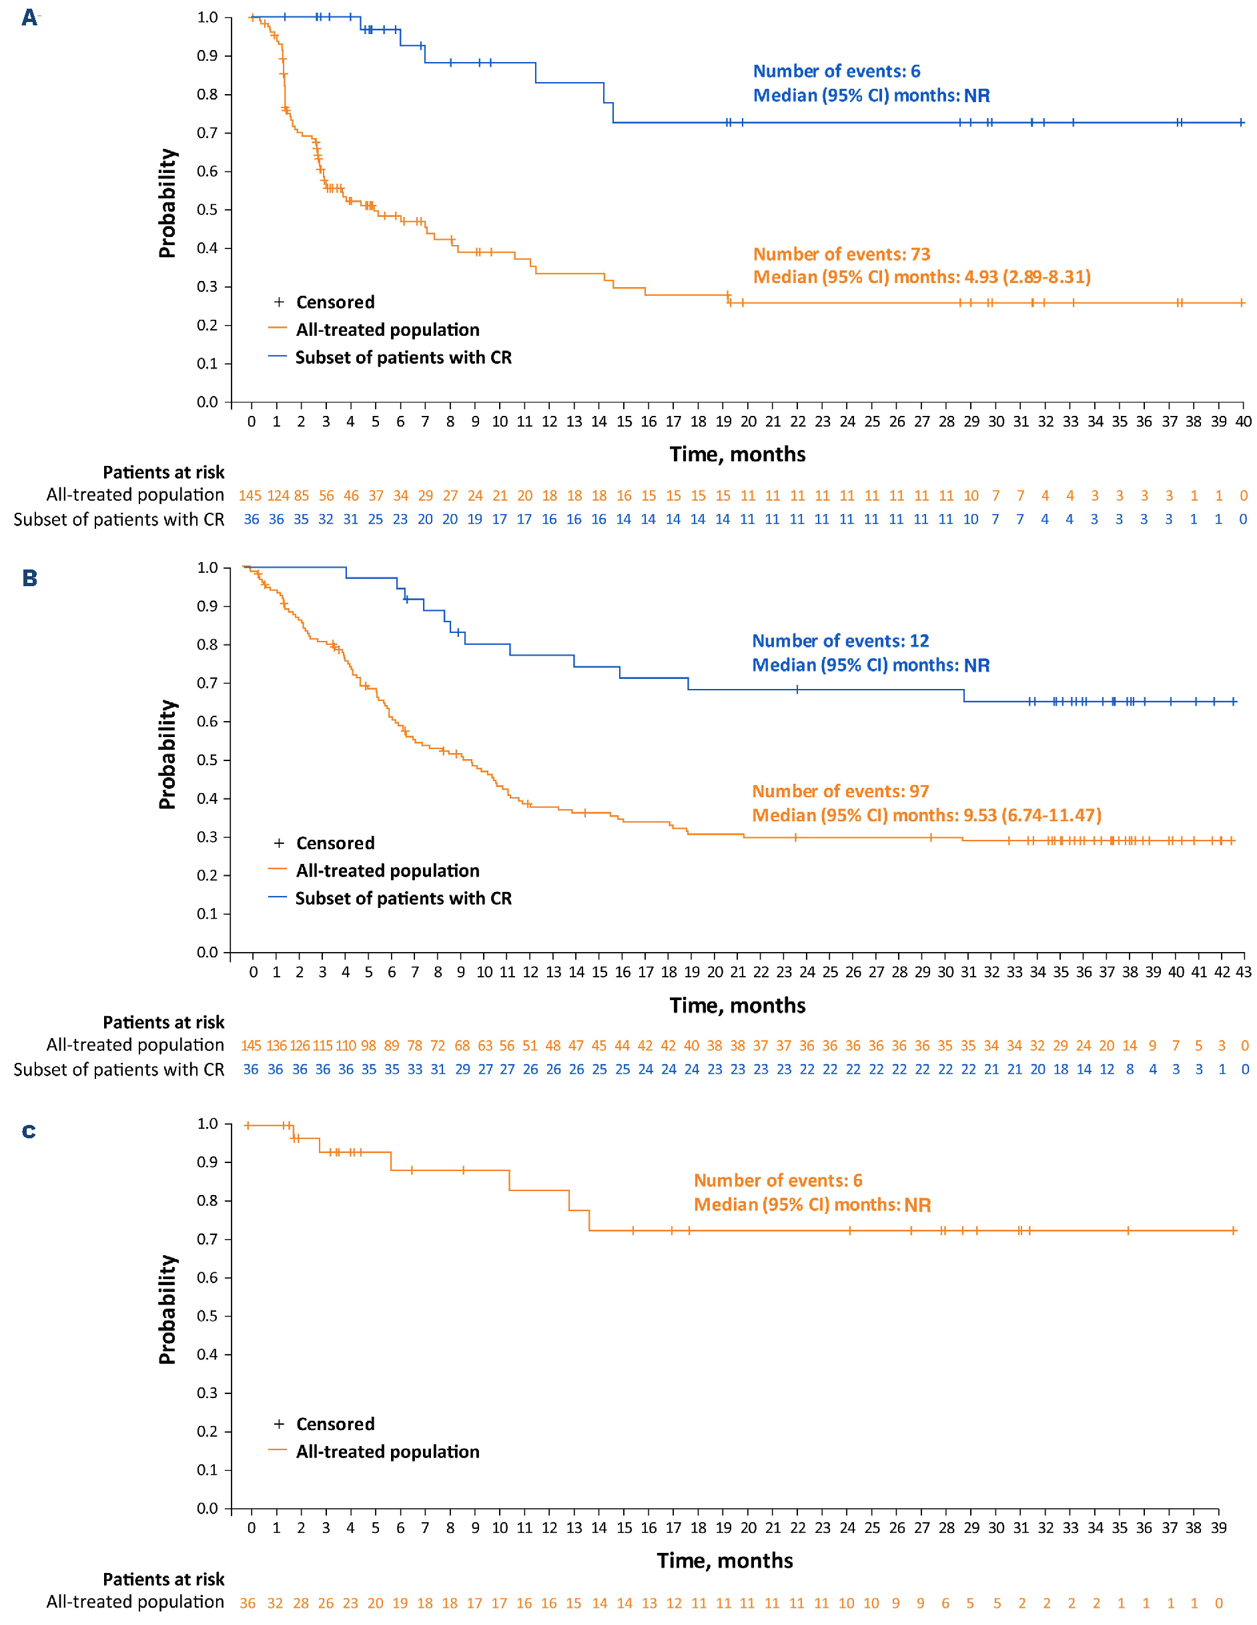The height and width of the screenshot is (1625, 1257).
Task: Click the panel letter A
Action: (29, 17)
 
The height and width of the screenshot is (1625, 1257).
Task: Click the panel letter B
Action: (30, 578)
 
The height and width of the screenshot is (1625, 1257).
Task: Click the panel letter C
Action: (29, 1132)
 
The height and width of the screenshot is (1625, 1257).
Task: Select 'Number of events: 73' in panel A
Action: (841, 254)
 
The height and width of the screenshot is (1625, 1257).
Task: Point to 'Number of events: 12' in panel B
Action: (841, 641)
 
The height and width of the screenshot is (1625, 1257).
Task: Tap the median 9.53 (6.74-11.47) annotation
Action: (926, 815)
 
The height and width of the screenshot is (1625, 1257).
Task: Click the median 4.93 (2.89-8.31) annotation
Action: (921, 278)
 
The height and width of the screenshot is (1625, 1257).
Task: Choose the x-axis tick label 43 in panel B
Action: (1244, 971)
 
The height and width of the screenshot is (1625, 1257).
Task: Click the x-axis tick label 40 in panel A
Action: (1243, 422)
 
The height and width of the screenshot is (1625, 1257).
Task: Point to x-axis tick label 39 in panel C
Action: (1218, 1528)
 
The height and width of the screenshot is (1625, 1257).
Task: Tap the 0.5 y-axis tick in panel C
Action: (207, 1316)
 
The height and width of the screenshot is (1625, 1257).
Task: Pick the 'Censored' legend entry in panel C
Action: (335, 1424)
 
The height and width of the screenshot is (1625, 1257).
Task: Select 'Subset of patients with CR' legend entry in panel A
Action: (403, 358)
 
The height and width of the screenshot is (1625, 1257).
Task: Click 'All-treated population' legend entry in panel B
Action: (388, 871)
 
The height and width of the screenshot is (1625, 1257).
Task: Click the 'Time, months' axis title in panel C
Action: (725, 1561)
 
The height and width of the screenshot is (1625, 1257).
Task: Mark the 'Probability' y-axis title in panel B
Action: (167, 754)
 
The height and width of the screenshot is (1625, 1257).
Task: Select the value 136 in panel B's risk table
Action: (277, 1046)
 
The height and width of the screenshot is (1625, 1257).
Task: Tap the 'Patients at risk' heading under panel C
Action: (163, 1579)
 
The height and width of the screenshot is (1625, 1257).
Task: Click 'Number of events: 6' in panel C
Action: (777, 1181)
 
